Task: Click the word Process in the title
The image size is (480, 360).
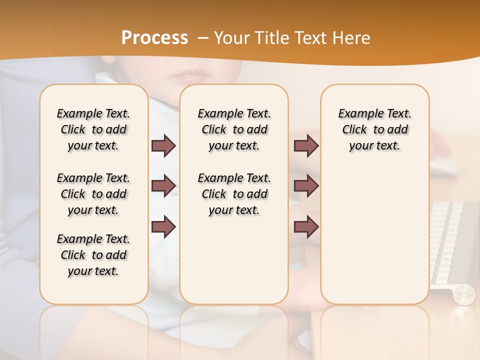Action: click(x=154, y=38)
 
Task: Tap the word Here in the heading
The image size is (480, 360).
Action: click(x=351, y=38)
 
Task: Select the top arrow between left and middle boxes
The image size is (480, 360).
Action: click(x=164, y=146)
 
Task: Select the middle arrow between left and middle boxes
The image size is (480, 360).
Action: click(x=164, y=186)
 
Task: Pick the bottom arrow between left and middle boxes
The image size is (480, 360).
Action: click(x=164, y=226)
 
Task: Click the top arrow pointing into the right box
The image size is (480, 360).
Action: click(x=306, y=146)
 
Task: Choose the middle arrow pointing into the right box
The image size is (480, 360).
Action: click(x=306, y=186)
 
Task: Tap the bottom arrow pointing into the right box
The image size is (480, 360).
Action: click(x=306, y=226)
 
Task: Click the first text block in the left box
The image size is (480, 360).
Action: click(x=93, y=129)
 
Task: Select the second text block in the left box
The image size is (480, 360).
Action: click(x=93, y=194)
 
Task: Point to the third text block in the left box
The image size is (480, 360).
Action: click(x=93, y=255)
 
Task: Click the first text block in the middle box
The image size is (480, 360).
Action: click(x=234, y=129)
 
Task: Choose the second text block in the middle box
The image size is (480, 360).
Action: click(x=234, y=194)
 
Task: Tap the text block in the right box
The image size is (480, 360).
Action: click(x=375, y=129)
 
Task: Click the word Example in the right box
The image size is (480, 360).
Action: click(x=357, y=114)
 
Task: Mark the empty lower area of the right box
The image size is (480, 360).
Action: click(x=375, y=235)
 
